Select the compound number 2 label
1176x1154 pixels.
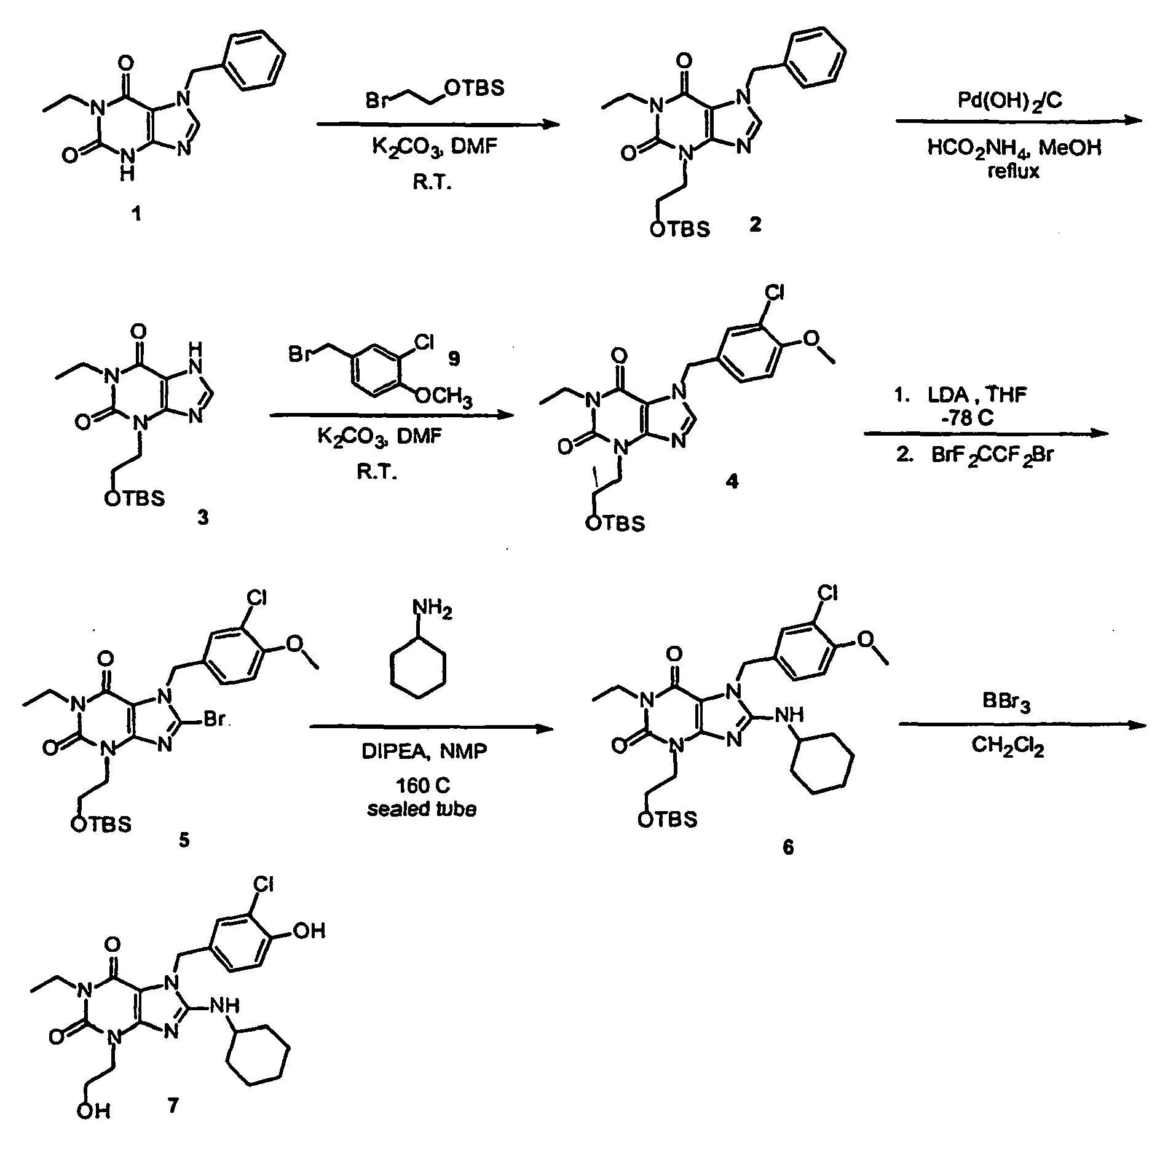(x=755, y=225)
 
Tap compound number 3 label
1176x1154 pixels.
(x=203, y=517)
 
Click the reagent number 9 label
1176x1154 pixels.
(x=454, y=358)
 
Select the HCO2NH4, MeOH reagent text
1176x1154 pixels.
(x=1015, y=147)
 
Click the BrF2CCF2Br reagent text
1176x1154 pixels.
(x=994, y=455)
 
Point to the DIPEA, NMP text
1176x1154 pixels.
(x=425, y=751)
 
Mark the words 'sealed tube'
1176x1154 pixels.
(x=422, y=809)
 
